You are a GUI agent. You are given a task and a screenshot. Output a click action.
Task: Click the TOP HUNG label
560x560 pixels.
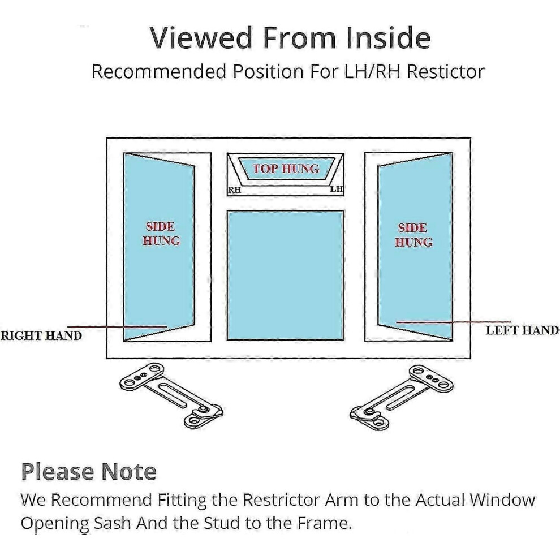(286, 169)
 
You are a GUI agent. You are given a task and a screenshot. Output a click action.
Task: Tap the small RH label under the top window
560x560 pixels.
(234, 190)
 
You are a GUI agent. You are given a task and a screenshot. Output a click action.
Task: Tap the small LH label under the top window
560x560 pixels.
(337, 189)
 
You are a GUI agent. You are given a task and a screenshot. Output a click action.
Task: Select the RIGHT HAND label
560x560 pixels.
(41, 335)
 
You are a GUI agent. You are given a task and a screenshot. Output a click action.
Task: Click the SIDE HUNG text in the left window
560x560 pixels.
(161, 234)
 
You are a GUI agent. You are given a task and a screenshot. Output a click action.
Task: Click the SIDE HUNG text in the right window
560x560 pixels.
(413, 235)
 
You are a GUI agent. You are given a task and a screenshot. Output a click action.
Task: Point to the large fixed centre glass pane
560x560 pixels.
(285, 275)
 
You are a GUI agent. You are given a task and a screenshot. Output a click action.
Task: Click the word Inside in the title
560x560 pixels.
(389, 38)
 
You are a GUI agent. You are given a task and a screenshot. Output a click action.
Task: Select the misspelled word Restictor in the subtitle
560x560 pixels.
(446, 71)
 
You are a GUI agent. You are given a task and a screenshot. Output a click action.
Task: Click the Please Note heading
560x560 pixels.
(89, 472)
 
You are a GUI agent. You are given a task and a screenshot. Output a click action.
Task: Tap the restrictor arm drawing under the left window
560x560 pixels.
(171, 396)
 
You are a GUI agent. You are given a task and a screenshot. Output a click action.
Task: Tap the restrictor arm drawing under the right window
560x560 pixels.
(402, 398)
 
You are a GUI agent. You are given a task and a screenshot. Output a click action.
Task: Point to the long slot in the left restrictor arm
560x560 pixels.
(173, 395)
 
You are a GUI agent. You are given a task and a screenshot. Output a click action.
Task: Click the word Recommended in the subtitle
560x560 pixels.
(159, 71)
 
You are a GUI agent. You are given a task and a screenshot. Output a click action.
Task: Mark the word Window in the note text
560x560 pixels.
(502, 500)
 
